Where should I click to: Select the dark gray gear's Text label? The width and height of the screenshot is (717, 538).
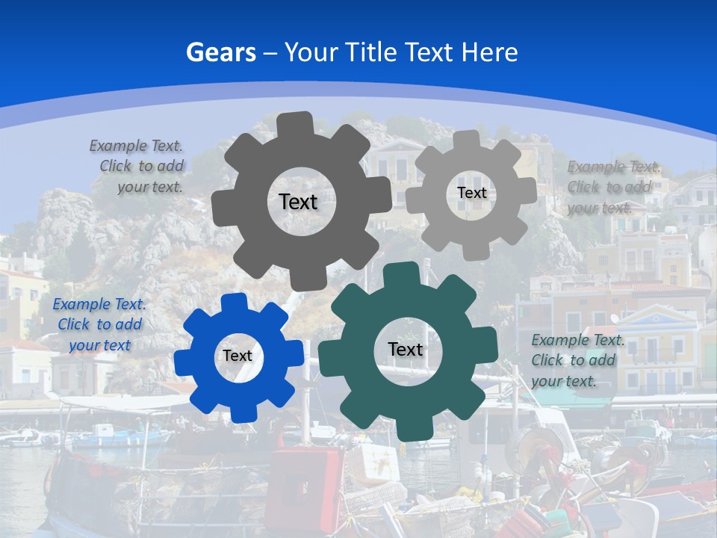point(298,202)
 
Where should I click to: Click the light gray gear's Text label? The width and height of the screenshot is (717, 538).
point(471,193)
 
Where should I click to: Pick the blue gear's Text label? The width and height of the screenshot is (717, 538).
point(238,356)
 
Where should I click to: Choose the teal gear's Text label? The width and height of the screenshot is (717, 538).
point(406,349)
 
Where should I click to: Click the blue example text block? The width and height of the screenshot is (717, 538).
point(99,324)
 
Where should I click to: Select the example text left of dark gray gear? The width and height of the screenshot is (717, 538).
point(137,166)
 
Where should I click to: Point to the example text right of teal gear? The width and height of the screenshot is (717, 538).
point(577,360)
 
